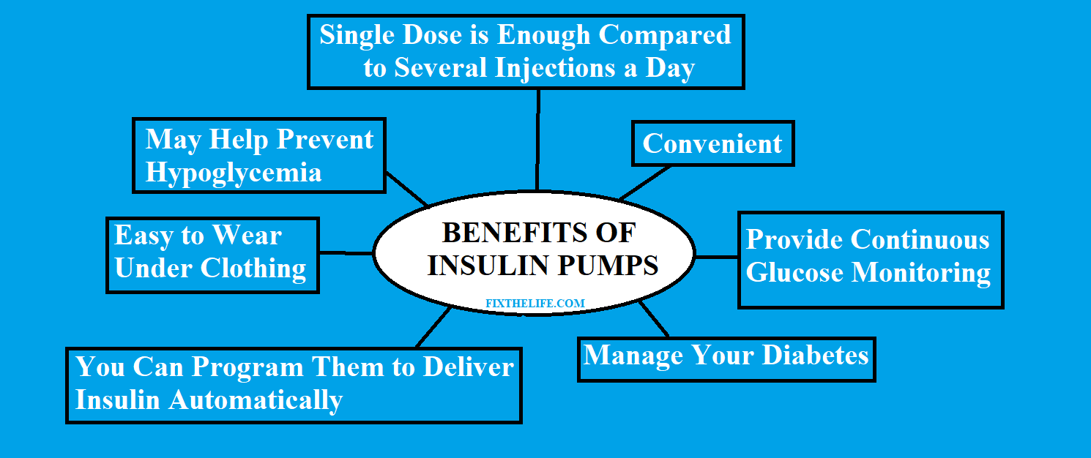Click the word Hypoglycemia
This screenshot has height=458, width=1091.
point(233,173)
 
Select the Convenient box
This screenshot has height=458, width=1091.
point(712,144)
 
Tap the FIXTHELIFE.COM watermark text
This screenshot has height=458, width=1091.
point(535,303)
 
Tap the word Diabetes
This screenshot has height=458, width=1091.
point(815,356)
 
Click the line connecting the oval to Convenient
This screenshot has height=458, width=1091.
point(645,183)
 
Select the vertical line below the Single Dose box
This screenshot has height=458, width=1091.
point(538,139)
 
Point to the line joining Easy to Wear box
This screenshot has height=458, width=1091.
point(346,253)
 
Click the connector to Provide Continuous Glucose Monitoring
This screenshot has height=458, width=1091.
point(716,257)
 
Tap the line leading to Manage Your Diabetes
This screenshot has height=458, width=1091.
point(656,319)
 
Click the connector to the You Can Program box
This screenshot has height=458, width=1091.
point(433,327)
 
